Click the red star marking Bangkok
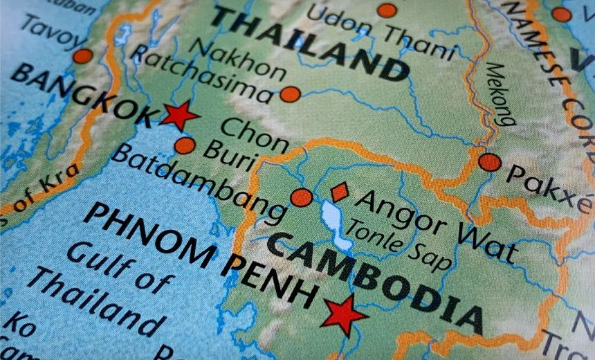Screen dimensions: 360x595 coord(179,115)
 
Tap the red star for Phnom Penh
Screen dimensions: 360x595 coord(344,314)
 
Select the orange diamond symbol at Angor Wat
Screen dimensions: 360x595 coord(339,192)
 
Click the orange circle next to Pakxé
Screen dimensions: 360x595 coord(489,162)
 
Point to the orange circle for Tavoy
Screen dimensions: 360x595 coord(82,56)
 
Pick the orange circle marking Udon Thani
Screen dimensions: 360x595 coord(387,10)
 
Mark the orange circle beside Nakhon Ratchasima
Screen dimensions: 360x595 coord(290,94)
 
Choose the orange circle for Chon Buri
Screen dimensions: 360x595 coord(185,145)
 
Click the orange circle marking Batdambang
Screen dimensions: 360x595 coord(301,197)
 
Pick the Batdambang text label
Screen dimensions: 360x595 coord(198,183)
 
